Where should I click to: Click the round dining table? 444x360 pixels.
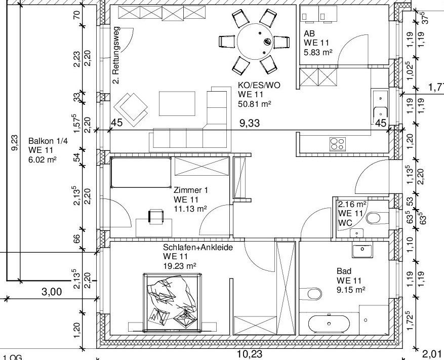[x=255, y=42]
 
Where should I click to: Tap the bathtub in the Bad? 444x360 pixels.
[x=329, y=324]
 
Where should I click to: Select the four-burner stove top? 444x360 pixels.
[x=338, y=143]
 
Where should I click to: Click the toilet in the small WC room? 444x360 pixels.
[x=374, y=218]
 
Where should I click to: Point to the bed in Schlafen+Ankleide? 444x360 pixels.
[x=173, y=302]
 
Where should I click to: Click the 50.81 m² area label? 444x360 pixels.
[x=255, y=104]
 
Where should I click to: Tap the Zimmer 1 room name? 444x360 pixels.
[x=190, y=190]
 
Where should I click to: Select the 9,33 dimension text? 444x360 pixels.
[x=250, y=123]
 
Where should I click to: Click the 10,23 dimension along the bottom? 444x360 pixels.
[x=250, y=354]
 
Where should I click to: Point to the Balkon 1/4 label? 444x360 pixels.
[x=48, y=141]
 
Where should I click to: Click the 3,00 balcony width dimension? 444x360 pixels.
[x=52, y=292]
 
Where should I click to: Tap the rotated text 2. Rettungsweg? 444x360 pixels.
[x=116, y=55]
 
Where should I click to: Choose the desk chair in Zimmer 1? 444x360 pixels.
[x=156, y=217]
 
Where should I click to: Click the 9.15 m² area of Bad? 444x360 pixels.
[x=350, y=290]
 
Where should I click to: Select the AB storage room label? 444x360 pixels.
[x=309, y=34]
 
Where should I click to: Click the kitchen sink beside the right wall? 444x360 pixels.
[x=380, y=106]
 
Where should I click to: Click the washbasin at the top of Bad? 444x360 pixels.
[x=362, y=250]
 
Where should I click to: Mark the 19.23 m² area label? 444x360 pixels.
[x=180, y=266]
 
